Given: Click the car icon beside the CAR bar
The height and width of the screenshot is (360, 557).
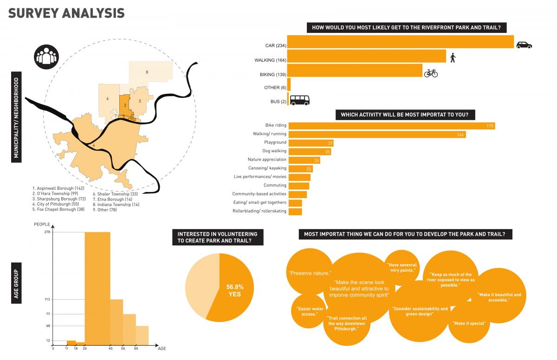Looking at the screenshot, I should (x=524, y=45).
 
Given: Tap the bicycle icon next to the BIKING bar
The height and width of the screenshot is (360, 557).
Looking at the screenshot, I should (x=431, y=73).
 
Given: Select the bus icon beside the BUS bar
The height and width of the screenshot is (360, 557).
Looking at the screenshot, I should (x=299, y=100).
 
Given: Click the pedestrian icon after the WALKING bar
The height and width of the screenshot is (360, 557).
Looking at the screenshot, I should (x=453, y=58).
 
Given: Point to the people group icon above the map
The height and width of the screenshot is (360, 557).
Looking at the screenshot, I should (x=46, y=56).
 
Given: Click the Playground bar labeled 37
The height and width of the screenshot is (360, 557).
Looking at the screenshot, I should (x=311, y=143).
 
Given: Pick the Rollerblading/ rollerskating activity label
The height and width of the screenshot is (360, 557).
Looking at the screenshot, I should (x=259, y=212).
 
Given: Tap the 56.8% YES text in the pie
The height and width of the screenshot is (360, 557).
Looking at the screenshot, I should (x=234, y=290).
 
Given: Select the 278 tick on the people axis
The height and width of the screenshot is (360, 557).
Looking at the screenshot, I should (x=47, y=232).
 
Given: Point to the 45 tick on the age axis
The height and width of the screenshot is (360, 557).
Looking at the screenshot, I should (x=110, y=348).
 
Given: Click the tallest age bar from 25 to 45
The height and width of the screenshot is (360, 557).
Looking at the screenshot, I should (x=97, y=288).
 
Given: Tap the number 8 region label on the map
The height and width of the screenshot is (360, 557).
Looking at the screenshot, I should (x=147, y=72).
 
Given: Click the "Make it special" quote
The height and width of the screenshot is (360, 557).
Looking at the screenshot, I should (x=469, y=323).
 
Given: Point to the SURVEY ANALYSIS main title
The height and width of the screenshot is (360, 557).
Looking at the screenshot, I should (x=66, y=13).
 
